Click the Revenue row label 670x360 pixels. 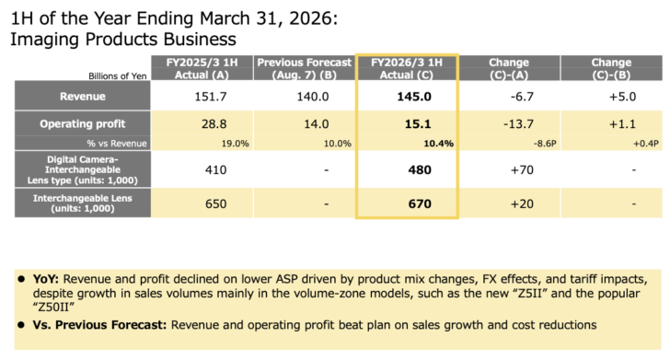(82, 96)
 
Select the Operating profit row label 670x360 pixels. (82, 123)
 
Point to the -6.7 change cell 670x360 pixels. (509, 96)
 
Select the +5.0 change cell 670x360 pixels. (610, 96)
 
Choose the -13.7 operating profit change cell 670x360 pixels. (509, 123)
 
